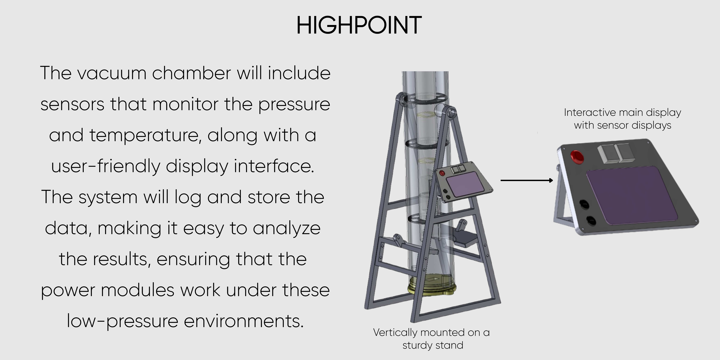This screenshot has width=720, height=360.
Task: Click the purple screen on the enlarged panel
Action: coord(632,196)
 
